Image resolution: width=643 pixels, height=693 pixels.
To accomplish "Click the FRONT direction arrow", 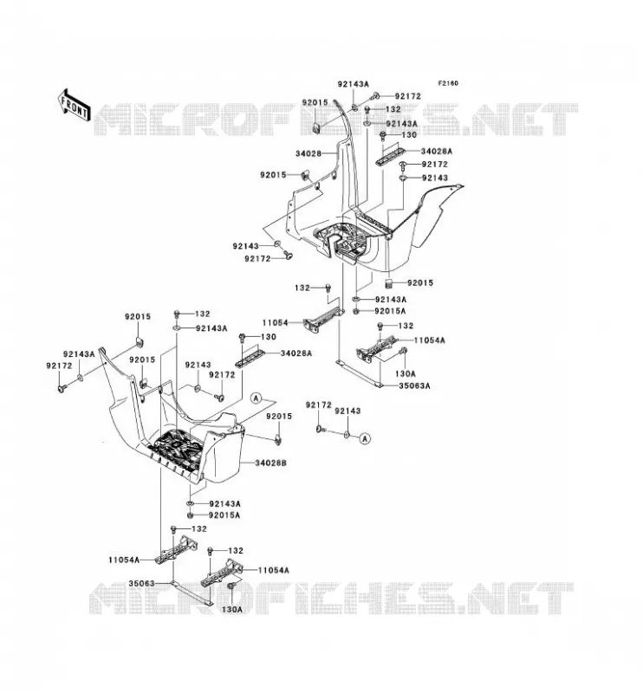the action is [74, 105].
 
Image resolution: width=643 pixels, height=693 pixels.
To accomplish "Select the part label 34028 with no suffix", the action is [309, 154].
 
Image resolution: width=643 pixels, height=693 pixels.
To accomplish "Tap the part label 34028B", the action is [271, 463].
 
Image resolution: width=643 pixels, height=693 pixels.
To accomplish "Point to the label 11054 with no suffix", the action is [275, 323].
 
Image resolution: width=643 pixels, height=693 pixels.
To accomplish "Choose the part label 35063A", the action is [414, 385].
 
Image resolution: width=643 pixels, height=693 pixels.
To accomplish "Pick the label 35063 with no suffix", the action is [141, 583].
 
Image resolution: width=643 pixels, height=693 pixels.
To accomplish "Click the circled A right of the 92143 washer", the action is [365, 438].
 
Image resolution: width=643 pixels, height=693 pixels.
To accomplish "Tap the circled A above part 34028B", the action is [256, 398].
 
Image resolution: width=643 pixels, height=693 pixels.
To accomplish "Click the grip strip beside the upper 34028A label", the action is [391, 156].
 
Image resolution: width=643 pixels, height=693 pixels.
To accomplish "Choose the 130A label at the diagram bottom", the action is [231, 610].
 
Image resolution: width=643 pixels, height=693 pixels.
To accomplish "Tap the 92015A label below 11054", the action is [390, 311].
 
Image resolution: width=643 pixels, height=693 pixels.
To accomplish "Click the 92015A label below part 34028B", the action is [224, 515].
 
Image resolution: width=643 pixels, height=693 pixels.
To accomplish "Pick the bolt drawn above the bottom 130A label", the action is [231, 586].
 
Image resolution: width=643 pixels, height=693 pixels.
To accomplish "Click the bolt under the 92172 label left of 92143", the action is [321, 428].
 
